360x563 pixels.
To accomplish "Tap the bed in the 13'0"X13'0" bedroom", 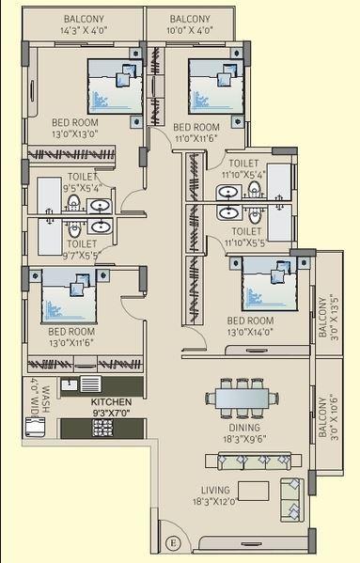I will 116,87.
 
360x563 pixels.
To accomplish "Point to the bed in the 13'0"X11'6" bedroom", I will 68,297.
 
